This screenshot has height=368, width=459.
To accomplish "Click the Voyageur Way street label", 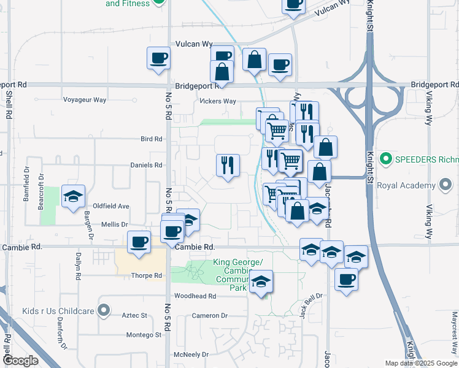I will [x=85, y=99].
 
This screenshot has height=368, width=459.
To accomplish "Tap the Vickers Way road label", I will [x=218, y=101].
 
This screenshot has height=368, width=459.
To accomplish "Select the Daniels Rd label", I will [x=146, y=165].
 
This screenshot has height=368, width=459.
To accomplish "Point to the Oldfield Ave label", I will [x=111, y=206].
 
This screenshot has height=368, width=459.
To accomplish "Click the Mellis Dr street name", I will [x=115, y=225].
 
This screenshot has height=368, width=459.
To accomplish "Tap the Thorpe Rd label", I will [x=146, y=276].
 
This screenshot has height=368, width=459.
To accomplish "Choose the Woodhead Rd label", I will [x=195, y=296].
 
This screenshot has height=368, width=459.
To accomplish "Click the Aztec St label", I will [x=135, y=315].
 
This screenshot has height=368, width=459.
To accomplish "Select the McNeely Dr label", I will [x=191, y=355].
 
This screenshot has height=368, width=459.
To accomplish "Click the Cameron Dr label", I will [x=209, y=315].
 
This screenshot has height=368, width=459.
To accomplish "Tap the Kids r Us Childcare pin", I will [x=104, y=310].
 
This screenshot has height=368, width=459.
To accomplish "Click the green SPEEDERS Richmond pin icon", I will [x=386, y=161].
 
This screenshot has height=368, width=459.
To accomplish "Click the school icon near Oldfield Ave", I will [x=74, y=196].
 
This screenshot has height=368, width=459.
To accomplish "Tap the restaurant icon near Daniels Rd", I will [x=228, y=164].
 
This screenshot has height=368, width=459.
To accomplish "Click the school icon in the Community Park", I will [x=261, y=282].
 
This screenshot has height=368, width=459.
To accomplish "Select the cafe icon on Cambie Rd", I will [x=139, y=241].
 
